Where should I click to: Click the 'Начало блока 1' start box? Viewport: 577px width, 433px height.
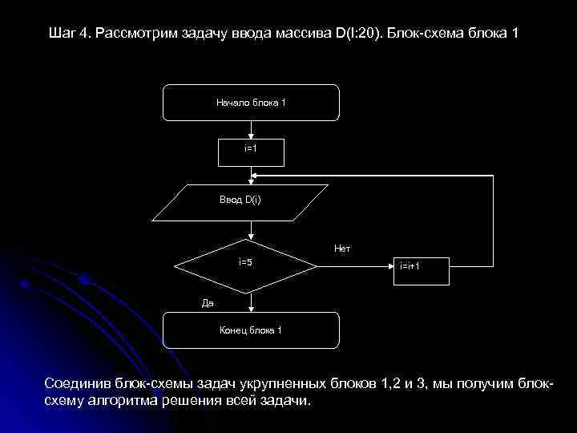click(x=251, y=102)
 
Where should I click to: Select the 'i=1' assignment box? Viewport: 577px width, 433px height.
click(x=251, y=149)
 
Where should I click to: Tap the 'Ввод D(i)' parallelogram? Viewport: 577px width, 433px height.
click(x=240, y=202)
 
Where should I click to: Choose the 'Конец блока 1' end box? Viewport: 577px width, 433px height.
click(x=251, y=330)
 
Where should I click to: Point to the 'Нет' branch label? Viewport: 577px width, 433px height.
click(x=342, y=249)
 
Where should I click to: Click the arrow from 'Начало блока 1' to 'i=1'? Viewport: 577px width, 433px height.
click(x=252, y=129)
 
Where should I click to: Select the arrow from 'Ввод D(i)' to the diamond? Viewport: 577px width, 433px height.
click(x=252, y=230)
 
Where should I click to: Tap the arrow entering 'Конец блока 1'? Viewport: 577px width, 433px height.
click(x=252, y=302)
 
